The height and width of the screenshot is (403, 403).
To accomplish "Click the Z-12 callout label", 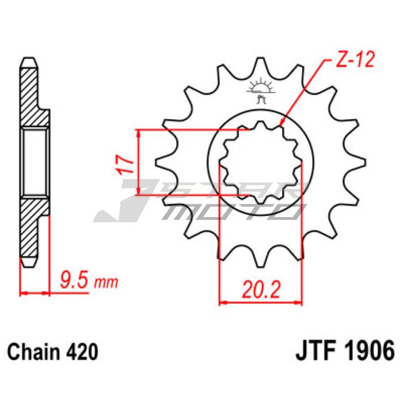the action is [355, 60].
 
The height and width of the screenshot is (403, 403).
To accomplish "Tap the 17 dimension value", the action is [125, 165].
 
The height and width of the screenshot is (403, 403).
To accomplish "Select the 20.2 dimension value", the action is [261, 289].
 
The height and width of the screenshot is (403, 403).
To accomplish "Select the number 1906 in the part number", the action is [370, 351].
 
